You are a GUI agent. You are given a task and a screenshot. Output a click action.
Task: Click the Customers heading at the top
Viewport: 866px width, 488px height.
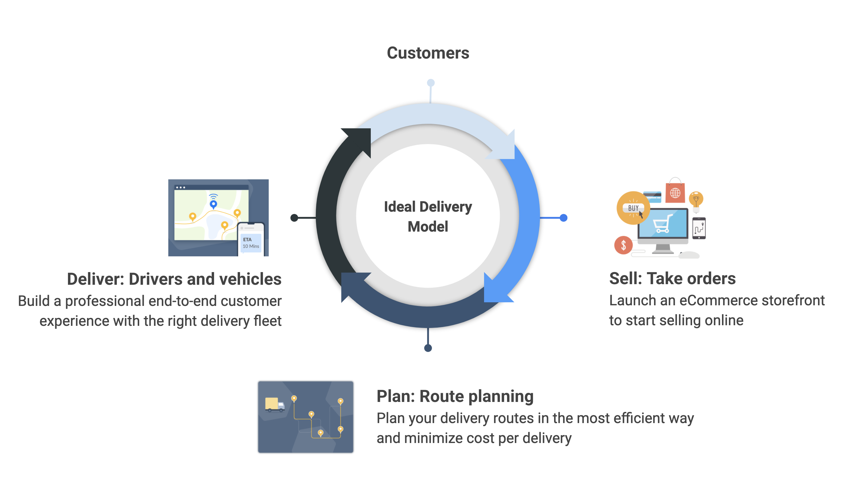click(428, 53)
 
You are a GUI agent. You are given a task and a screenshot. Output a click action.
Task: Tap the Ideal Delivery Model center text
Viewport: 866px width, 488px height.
click(428, 216)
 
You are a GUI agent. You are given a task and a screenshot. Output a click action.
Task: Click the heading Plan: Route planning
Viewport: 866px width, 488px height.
click(455, 396)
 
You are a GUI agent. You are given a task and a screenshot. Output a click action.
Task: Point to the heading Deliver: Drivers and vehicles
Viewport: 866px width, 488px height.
click(174, 279)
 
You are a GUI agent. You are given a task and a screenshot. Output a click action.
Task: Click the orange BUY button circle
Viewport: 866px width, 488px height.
click(633, 208)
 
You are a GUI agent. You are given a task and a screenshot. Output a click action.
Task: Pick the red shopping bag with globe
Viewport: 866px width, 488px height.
click(675, 190)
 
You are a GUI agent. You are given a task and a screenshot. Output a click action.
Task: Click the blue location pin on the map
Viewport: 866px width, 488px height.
click(213, 204)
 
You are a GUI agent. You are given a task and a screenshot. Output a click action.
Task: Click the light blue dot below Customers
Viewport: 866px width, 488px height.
click(431, 83)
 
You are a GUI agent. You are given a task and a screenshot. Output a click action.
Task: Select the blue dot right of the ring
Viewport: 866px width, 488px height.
click(563, 218)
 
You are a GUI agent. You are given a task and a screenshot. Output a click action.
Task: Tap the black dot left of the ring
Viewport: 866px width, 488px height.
click(294, 218)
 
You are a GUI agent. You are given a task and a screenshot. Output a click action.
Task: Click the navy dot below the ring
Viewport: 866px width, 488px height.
click(428, 348)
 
